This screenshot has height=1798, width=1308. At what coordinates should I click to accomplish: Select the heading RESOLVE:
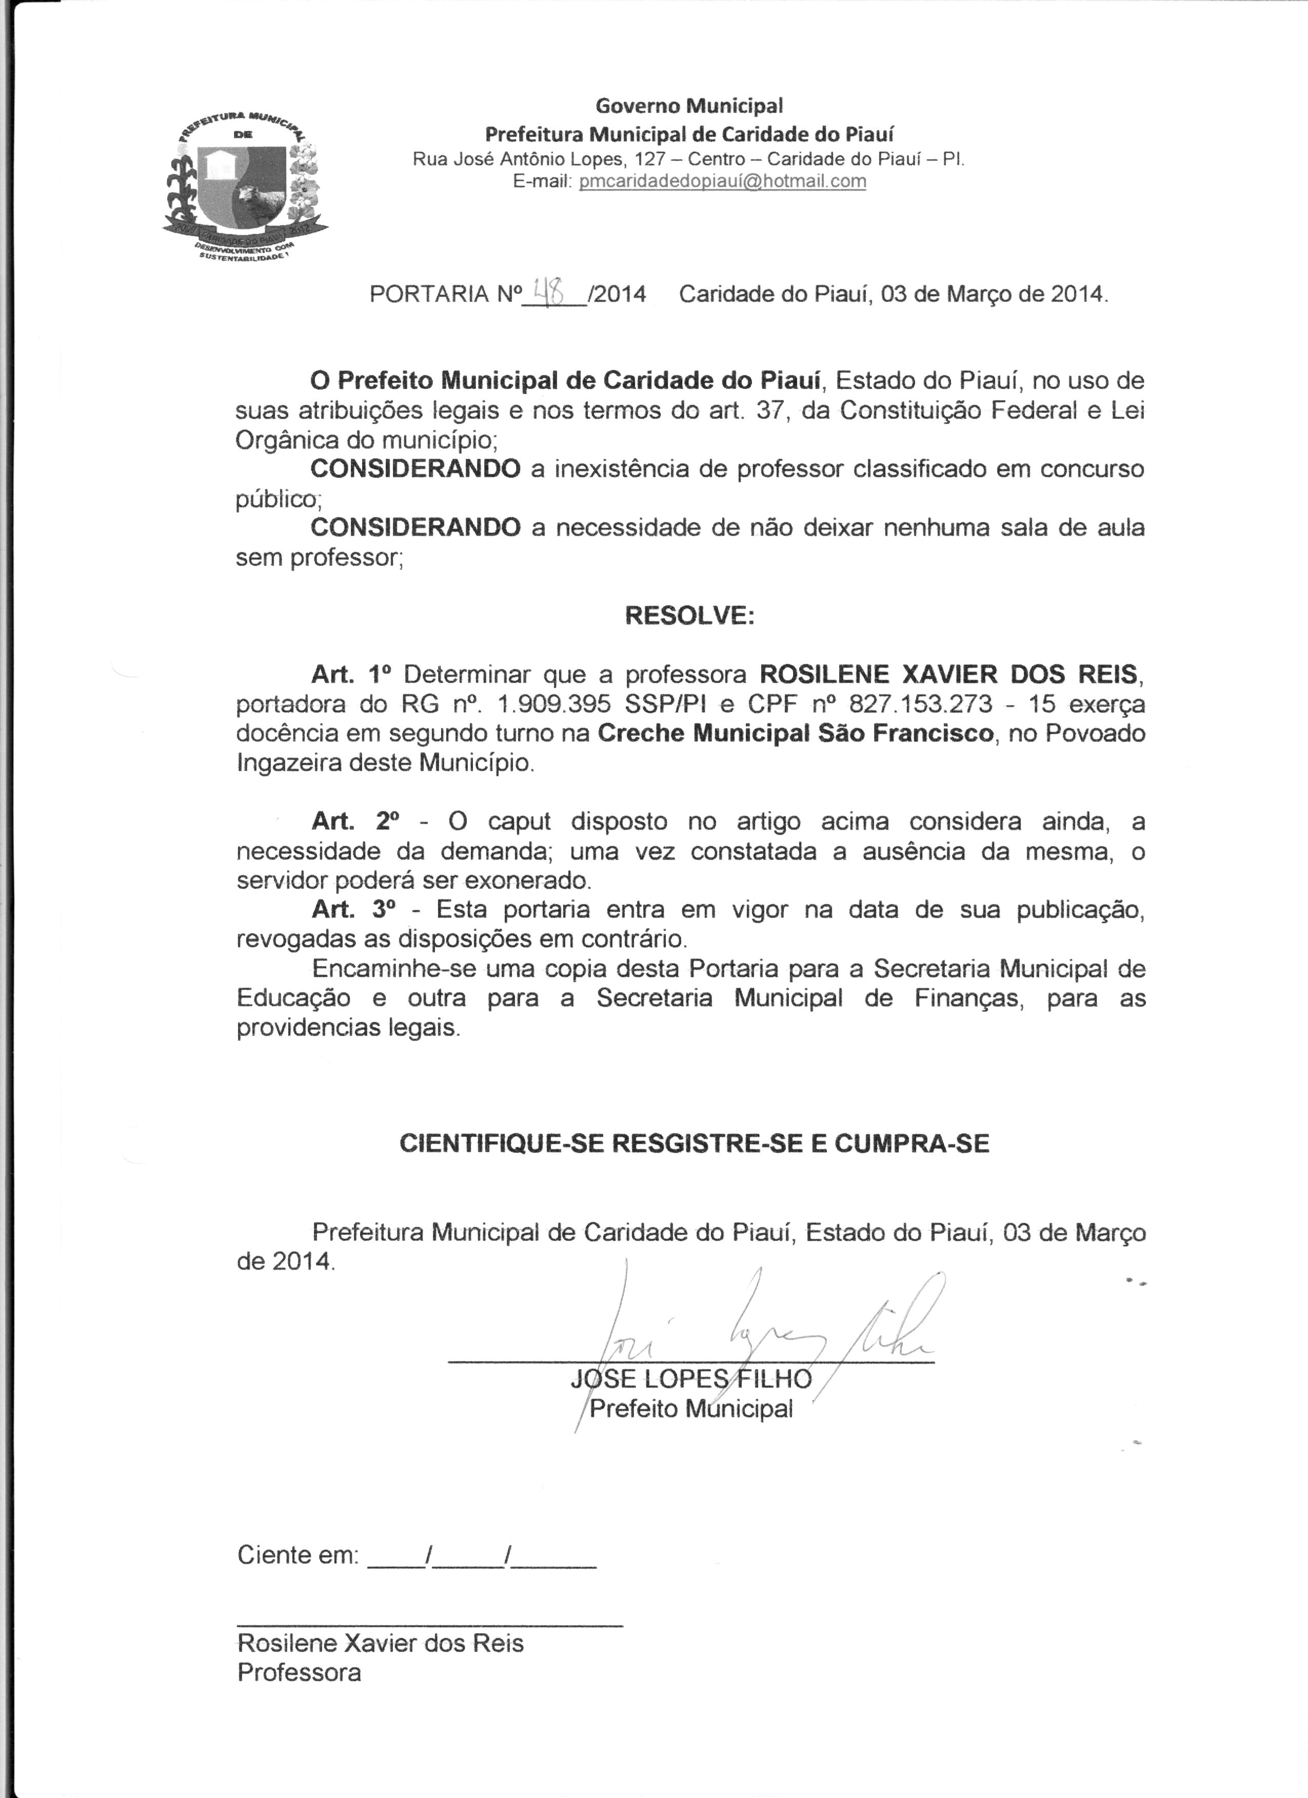(689, 616)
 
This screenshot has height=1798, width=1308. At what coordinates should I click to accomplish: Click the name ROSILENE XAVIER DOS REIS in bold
(948, 675)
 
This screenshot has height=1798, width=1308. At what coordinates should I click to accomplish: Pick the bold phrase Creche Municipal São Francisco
(795, 733)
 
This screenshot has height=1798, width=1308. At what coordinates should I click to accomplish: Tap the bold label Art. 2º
(351, 821)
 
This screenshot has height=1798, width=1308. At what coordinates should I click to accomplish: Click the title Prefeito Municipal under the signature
(691, 1409)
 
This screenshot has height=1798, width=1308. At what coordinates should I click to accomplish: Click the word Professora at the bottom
(299, 1673)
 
